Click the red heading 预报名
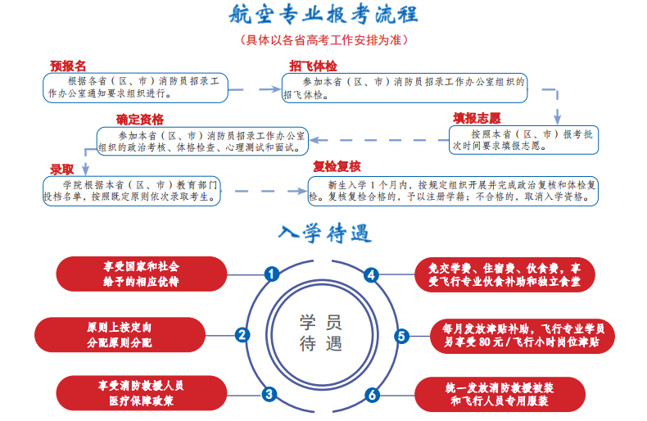point(68,65)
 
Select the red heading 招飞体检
point(312,65)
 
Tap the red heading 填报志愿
point(477,117)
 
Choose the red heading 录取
point(62,169)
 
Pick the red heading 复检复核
point(337,167)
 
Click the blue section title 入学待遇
point(323,234)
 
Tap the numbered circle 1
point(271,274)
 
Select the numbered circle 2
point(242,334)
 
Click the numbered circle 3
point(269,394)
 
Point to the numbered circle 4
point(371,274)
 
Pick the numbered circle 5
point(400,335)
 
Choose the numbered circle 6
point(373,395)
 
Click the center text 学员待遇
point(321,334)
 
